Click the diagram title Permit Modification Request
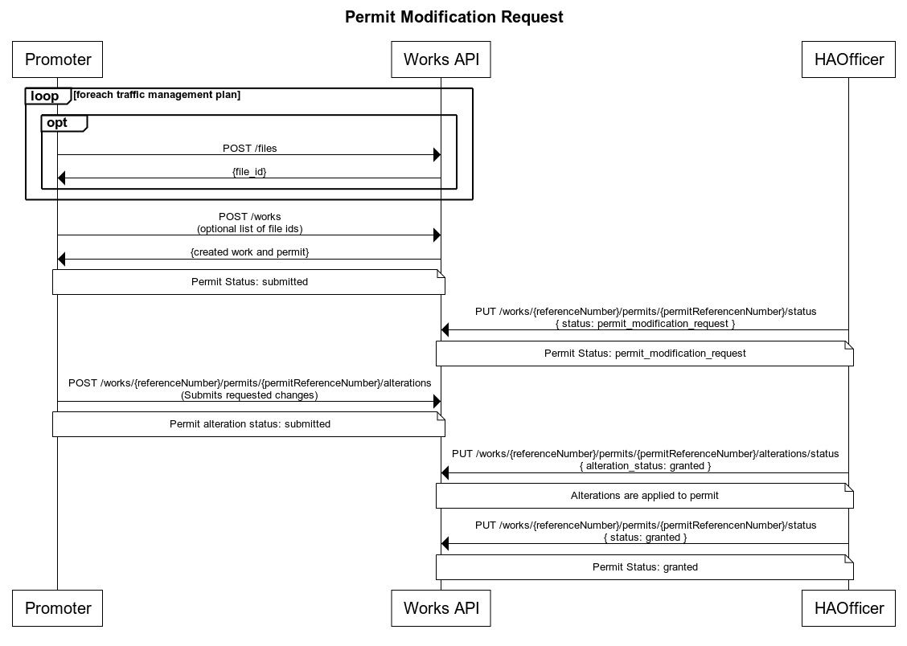point(453,17)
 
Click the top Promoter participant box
point(58,59)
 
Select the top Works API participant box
point(441,59)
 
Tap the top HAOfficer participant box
point(848,59)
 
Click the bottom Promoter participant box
point(58,607)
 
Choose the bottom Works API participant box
point(441,607)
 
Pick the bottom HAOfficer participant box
point(848,607)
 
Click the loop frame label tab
point(46,96)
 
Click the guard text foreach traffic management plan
point(157,95)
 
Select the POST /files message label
point(250,148)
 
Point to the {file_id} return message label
point(250,171)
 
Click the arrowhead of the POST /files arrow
point(437,155)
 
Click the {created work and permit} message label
point(250,251)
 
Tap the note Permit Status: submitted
point(249,282)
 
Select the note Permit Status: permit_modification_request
point(645,354)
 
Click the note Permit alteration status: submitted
point(249,424)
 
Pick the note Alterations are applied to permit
point(645,496)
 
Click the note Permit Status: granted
point(645,567)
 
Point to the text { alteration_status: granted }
point(645,466)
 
